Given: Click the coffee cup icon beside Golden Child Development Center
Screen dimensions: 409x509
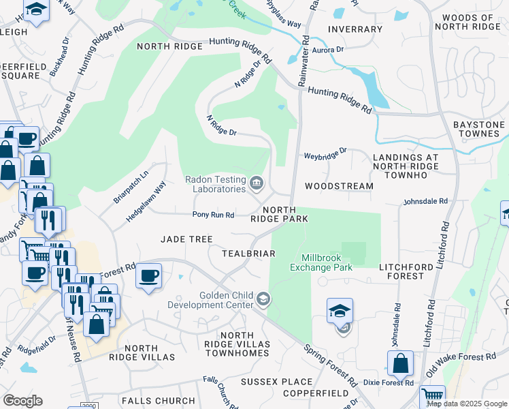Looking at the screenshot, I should [x=148, y=276].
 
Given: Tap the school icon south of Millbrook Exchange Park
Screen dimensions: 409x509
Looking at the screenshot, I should [x=340, y=311].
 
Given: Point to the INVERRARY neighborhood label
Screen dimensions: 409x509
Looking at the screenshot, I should [x=355, y=29].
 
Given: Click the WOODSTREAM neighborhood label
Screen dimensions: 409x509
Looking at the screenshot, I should [x=339, y=186].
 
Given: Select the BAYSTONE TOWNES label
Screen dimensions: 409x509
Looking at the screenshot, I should [x=479, y=130].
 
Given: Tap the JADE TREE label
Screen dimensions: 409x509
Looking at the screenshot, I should [x=186, y=239].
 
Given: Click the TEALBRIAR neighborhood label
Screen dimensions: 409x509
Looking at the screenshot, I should [x=248, y=254].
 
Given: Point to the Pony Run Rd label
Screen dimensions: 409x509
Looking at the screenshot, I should [x=213, y=215].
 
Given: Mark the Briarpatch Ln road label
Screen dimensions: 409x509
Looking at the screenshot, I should [x=130, y=183].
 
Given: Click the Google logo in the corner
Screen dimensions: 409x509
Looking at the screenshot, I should [x=22, y=401].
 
